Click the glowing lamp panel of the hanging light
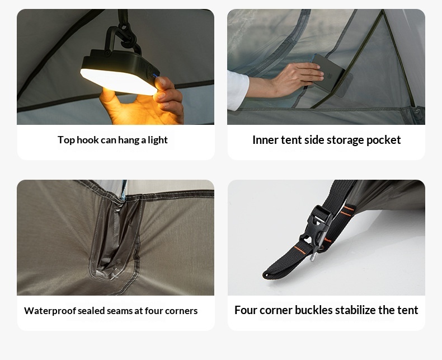pos(119,81)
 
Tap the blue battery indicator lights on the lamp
pos(155,76)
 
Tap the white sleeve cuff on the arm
pos(238,90)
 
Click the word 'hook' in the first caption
pos(87,140)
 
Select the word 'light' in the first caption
pos(158,140)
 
